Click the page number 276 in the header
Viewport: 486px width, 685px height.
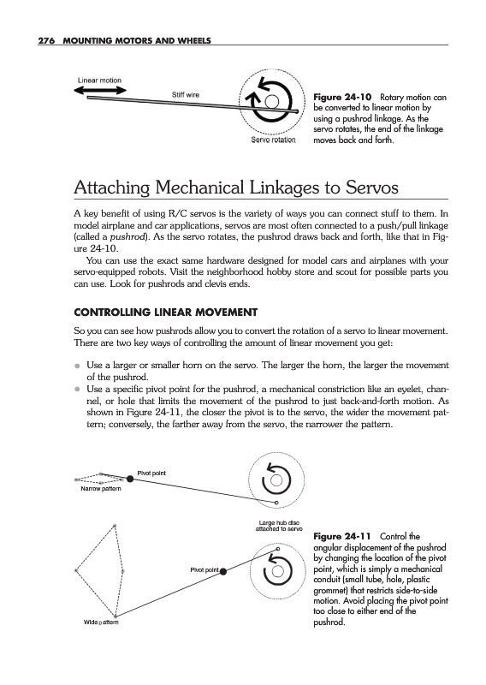point(46,41)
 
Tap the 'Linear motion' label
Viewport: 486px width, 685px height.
point(99,80)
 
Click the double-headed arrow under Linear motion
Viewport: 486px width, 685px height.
point(100,91)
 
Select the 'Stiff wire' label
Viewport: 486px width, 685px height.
point(186,95)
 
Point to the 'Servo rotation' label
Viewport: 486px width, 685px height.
point(273,140)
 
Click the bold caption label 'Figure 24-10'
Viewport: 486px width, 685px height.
point(342,97)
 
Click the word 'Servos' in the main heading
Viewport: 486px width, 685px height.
point(372,188)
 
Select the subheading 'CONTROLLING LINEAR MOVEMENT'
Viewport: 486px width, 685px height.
point(165,313)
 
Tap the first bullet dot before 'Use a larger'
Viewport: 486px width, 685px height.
point(77,366)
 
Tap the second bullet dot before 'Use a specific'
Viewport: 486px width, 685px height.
point(77,390)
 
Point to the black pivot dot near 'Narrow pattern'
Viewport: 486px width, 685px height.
point(130,479)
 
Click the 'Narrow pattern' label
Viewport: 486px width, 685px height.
point(101,488)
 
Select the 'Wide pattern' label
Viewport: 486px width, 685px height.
point(101,622)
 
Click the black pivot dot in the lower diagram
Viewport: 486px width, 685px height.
point(223,571)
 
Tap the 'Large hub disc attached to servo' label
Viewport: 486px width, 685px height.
point(279,526)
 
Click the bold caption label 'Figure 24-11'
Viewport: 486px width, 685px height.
point(342,537)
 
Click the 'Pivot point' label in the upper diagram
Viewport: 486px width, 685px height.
point(151,474)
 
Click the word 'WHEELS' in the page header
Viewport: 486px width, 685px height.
point(194,41)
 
